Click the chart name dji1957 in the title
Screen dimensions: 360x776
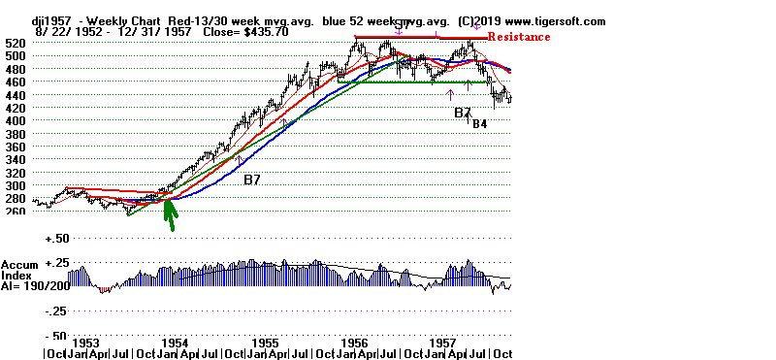point(28,20)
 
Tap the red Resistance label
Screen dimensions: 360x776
point(518,37)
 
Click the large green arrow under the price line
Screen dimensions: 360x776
point(170,213)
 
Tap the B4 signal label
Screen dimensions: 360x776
point(480,123)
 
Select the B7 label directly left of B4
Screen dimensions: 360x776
point(463,113)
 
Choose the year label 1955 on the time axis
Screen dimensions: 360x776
point(267,344)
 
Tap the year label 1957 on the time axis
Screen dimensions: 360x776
point(444,344)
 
